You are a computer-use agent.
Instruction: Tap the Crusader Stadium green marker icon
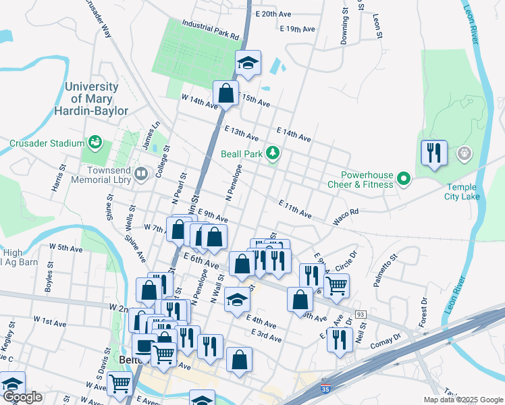[x=95, y=142]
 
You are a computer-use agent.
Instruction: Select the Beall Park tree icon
[x=273, y=153]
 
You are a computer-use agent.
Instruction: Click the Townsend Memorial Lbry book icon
[x=141, y=175]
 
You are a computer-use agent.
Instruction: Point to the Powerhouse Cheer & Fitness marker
[x=404, y=179]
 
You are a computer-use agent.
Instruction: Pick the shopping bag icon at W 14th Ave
[x=226, y=93]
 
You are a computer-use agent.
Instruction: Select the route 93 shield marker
[x=361, y=315]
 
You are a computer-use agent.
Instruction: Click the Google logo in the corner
[x=22, y=397]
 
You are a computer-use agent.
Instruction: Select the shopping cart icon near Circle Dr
[x=336, y=286]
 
